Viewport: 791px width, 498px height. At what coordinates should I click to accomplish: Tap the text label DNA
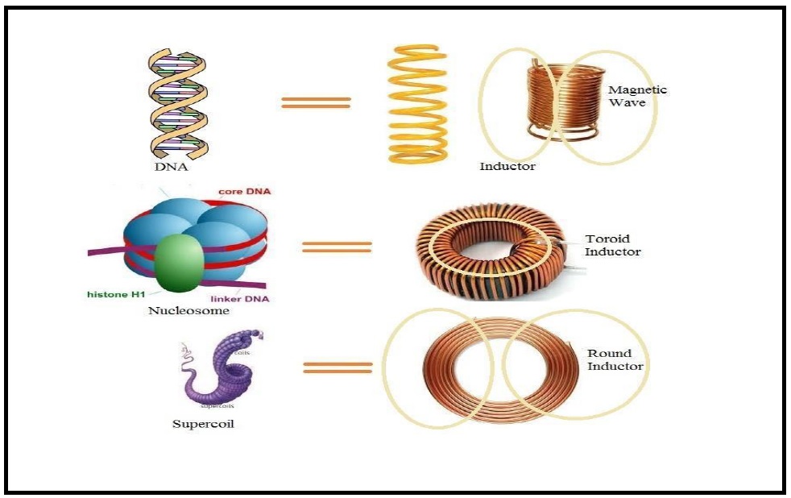[172, 168]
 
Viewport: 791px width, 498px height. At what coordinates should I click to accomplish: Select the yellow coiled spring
[417, 104]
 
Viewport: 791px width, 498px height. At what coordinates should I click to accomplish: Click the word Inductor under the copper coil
[507, 167]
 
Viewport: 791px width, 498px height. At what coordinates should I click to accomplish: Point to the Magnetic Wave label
[637, 96]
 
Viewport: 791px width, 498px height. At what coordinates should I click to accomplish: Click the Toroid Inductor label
[613, 245]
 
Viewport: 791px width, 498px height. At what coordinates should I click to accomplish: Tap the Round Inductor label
[615, 359]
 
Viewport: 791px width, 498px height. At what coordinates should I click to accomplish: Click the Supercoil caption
[203, 423]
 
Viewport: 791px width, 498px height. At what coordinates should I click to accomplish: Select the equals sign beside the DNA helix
[316, 102]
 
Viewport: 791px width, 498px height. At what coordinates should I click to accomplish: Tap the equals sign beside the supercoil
[338, 367]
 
